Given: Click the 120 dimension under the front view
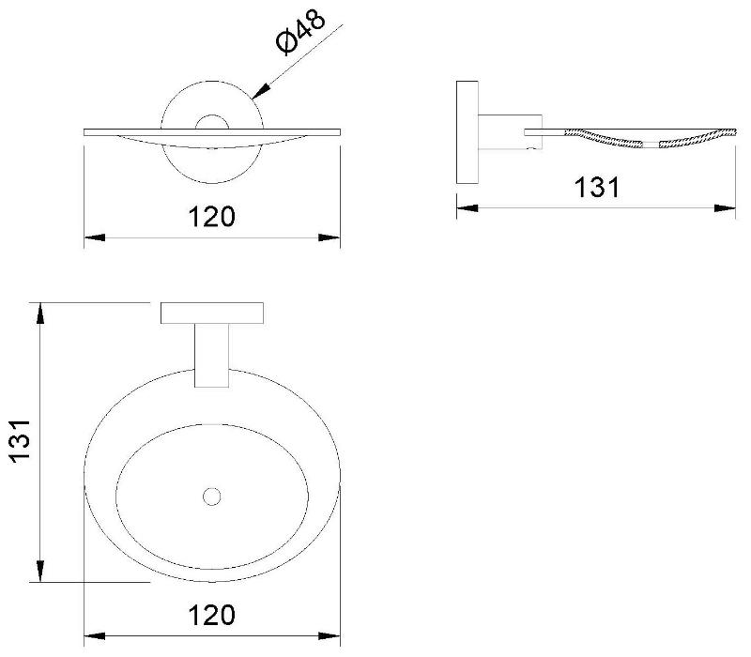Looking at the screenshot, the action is coord(212,217).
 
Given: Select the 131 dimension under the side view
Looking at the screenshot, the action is coord(597,187).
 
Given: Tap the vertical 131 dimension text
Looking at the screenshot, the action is coord(21,441).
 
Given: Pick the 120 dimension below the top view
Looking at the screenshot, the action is coord(212,616).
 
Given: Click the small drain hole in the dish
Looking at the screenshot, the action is coord(211,497).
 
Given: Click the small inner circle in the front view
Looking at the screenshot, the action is coord(212,123).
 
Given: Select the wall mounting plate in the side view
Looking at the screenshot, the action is coord(467,132).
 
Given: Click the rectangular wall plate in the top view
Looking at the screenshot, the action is coord(212,313).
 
